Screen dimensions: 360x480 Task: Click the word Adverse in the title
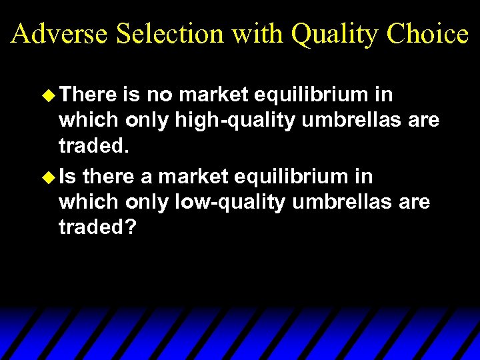59,33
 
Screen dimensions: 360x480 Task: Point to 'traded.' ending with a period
91,145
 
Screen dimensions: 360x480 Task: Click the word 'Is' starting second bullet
67,177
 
